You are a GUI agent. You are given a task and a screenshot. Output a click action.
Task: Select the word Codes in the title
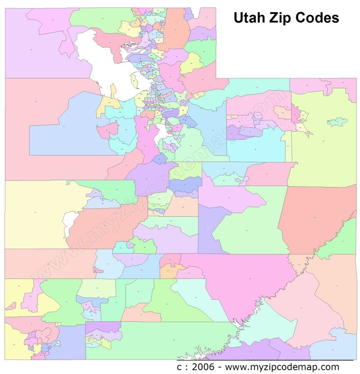318,18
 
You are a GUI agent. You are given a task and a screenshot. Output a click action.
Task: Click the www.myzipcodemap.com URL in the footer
282,367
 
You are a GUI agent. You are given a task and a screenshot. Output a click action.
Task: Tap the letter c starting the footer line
179,367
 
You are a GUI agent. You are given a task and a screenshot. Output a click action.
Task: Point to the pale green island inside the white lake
134,81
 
